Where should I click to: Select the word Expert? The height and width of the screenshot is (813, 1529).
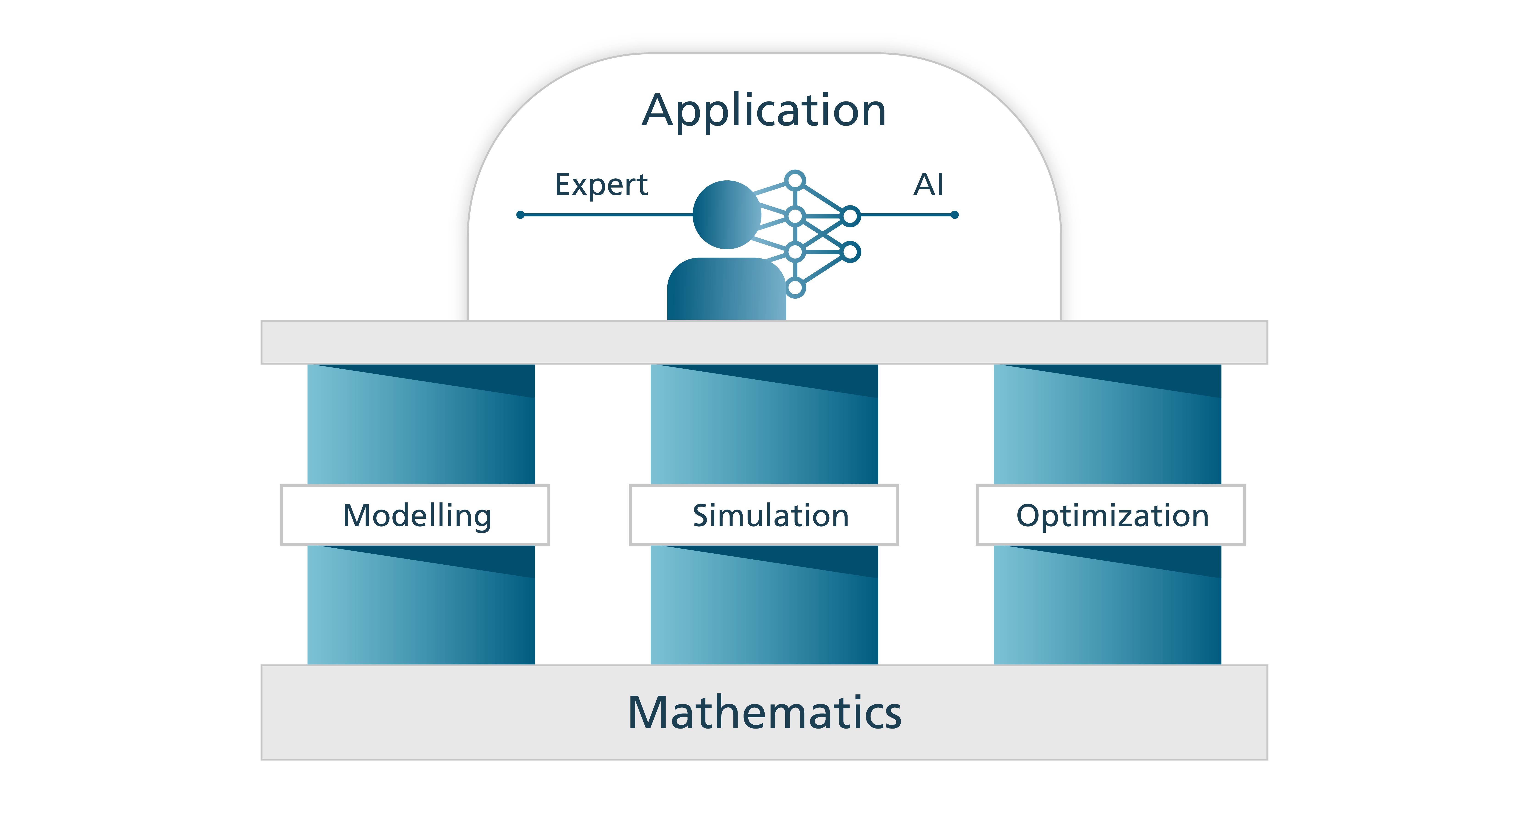point(601,185)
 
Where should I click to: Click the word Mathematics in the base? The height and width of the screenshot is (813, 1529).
point(765,713)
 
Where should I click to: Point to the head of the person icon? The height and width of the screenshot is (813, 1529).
point(727,214)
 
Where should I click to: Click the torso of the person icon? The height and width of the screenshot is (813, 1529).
point(727,291)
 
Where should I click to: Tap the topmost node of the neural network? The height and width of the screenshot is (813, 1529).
point(795,180)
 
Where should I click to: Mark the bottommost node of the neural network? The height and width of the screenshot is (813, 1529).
point(795,288)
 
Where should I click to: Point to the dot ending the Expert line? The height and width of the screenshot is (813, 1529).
point(521,215)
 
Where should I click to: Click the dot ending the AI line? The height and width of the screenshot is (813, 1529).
point(955,215)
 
